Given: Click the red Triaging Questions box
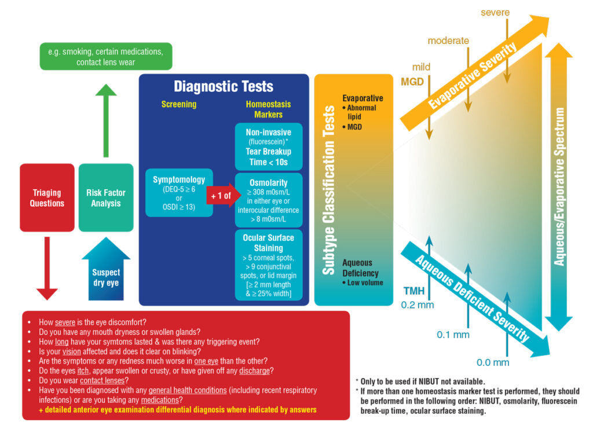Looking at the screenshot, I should click(47, 198).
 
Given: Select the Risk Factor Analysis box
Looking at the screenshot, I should click(106, 198).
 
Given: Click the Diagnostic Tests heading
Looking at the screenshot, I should click(224, 87).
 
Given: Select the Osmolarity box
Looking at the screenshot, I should click(268, 200).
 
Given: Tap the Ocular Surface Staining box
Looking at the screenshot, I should click(268, 266).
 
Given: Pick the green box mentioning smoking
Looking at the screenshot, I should click(106, 56).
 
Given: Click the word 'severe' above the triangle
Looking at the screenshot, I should click(495, 12).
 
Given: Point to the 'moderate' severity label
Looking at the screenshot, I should click(448, 41).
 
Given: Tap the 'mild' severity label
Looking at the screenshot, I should click(421, 67).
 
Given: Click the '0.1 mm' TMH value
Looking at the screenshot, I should click(453, 335).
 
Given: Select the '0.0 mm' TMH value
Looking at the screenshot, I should click(493, 362).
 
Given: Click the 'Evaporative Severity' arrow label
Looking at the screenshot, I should click(473, 76).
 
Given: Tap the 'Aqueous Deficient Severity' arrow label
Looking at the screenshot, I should click(472, 298).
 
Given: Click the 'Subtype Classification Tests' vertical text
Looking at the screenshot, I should click(328, 189).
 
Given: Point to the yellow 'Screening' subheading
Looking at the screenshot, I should click(179, 105).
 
